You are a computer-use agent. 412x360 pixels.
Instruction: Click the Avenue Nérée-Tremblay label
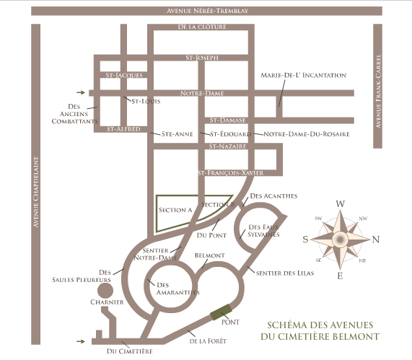(207, 11)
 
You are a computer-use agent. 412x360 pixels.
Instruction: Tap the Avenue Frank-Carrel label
(378, 91)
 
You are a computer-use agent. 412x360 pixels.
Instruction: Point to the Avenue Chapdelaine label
(36, 192)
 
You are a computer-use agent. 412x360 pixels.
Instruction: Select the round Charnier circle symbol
(105, 291)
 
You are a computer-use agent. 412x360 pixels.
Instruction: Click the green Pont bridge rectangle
(221, 312)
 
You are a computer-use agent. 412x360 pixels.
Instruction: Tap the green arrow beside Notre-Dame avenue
(81, 92)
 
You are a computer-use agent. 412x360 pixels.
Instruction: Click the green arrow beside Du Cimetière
(81, 341)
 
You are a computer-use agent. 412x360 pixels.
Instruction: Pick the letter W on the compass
(341, 203)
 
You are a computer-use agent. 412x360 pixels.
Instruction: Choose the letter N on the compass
(376, 240)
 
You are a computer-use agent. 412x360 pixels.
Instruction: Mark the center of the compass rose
(341, 240)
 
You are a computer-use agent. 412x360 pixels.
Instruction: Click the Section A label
(175, 210)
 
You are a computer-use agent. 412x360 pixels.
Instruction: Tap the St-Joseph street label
(202, 58)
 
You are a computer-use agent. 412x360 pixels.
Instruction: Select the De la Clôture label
(202, 27)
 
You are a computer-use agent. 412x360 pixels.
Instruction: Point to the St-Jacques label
(124, 75)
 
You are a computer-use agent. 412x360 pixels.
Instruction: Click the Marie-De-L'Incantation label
(304, 75)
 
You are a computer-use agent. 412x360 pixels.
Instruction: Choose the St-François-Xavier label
(230, 173)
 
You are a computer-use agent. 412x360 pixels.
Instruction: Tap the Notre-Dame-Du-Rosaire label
(307, 134)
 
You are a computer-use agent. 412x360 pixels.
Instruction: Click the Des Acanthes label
(273, 196)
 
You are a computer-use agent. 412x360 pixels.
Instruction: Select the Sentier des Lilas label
(285, 273)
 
